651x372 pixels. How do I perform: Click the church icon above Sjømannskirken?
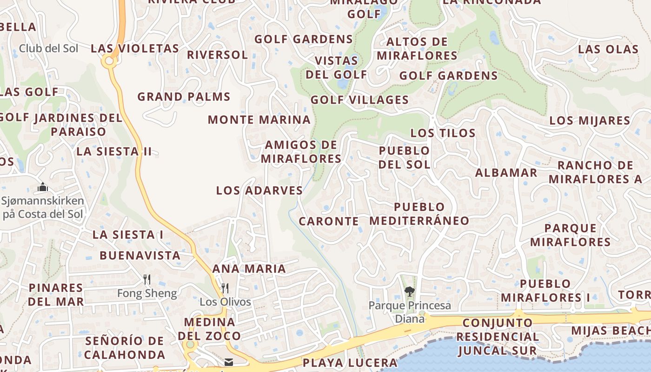point(43,187)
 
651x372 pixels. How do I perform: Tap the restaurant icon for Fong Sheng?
point(147,279)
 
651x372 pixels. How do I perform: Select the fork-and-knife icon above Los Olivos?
point(225,288)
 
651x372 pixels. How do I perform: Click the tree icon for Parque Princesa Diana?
point(409,292)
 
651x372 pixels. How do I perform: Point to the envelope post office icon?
point(228,362)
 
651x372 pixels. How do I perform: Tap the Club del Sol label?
point(48,48)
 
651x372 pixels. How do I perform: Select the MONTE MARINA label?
point(259,120)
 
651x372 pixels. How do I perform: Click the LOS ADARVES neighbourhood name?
point(259,191)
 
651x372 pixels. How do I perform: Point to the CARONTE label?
point(328,221)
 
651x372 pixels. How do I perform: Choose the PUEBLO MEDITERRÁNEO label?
point(419,214)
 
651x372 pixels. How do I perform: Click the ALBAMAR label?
point(506,173)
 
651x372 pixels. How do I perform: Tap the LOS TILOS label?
point(443,133)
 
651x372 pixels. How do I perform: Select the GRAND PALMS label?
point(184,97)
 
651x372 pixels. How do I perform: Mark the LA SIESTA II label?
point(114,152)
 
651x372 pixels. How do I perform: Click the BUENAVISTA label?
point(140,256)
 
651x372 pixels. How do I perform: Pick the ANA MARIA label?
point(249,269)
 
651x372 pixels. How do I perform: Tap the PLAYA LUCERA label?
point(350,363)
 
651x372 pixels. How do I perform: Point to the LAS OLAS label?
point(608,49)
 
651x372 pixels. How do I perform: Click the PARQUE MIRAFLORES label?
point(570,235)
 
